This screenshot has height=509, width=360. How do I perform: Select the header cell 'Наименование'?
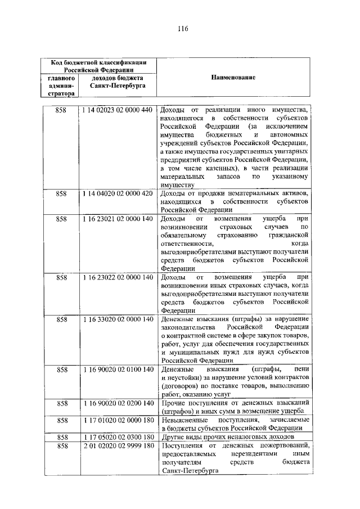233,77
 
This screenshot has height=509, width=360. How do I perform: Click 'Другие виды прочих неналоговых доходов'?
226,437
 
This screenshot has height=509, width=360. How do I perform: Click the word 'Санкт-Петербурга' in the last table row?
188,471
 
